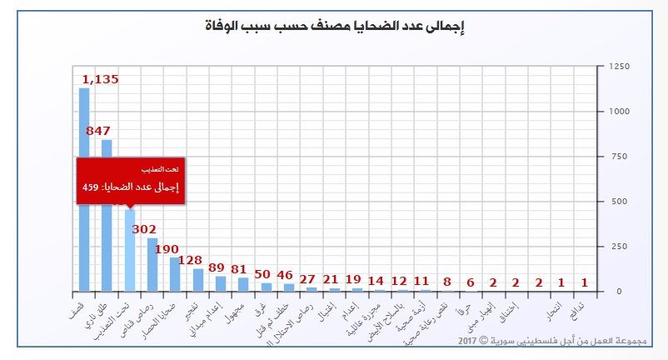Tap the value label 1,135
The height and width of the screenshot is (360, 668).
100,80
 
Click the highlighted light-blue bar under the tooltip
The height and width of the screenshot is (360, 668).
129,250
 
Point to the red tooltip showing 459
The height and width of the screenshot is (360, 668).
130,179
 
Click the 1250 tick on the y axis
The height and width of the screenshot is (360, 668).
618,67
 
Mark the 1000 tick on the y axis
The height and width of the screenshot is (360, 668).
618,112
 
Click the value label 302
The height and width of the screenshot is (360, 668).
145,229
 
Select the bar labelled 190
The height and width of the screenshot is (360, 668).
175,274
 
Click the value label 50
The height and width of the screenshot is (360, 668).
263,274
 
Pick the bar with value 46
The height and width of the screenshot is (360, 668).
288,287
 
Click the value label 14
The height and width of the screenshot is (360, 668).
376,281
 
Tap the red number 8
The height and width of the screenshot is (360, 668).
447,282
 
